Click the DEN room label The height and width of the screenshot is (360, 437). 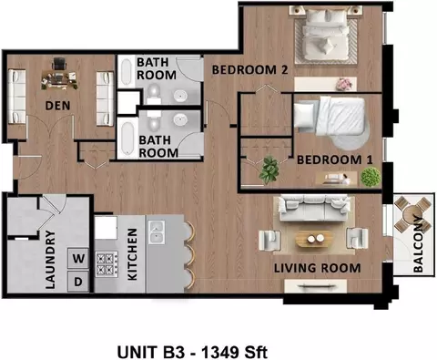57,106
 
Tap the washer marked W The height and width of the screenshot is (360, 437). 78,258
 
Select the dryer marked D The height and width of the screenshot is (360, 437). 78,282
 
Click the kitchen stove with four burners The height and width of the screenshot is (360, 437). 107,264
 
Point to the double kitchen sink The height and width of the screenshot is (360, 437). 157,232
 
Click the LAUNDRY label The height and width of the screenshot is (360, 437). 50,260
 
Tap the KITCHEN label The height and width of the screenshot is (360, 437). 132,254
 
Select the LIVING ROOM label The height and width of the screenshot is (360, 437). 318,268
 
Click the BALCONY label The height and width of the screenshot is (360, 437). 418,244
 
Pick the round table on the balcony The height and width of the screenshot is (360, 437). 412,215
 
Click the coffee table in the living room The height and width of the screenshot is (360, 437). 315,239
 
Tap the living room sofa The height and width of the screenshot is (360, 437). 314,208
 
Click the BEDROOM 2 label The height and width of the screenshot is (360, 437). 249,70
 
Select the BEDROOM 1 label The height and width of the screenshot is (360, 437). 334,160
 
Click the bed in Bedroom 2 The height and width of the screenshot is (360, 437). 326,35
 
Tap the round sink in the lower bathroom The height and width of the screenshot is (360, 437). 181,120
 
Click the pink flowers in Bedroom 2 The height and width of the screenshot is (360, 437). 345,84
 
